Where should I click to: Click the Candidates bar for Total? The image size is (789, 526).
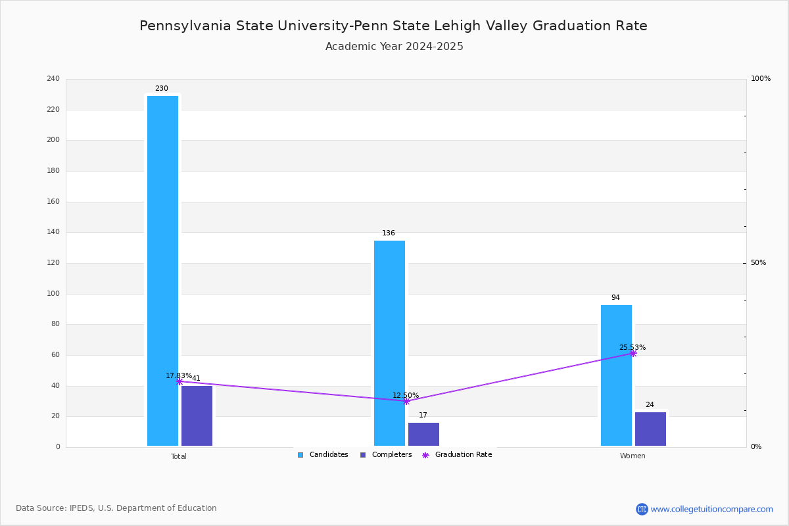(162, 271)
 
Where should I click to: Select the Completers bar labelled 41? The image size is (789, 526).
(197, 416)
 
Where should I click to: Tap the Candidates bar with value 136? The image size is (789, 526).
(389, 343)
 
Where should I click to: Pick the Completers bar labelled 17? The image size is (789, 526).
(423, 435)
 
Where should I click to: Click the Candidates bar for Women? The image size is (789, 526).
(616, 375)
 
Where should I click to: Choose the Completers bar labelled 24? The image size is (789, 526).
(650, 429)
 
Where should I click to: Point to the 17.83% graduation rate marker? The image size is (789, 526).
(179, 381)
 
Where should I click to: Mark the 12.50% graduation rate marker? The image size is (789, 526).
(406, 401)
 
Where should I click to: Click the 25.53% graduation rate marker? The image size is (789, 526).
(633, 354)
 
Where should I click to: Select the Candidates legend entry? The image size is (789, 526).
(323, 455)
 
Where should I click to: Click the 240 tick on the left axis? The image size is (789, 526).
(53, 79)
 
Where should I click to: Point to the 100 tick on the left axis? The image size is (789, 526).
(53, 294)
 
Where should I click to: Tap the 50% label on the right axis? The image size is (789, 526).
(758, 263)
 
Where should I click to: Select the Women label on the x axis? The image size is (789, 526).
(633, 456)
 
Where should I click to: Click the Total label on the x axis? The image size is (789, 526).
(179, 456)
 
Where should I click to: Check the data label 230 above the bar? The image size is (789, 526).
(162, 89)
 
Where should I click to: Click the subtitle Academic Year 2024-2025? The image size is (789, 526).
(394, 47)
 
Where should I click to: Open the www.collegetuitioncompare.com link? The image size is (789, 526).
(711, 509)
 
